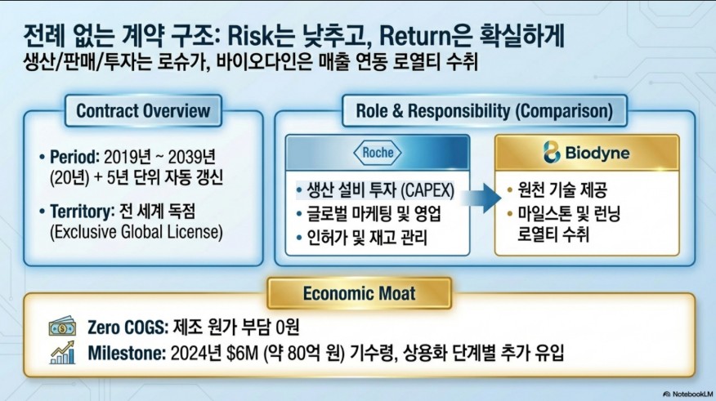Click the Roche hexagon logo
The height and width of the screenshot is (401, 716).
[377, 153]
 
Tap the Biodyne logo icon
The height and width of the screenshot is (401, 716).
[552, 153]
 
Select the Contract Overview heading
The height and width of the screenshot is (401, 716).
[143, 111]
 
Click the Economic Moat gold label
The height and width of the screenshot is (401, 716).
[360, 293]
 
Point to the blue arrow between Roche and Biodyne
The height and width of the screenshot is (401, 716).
[481, 198]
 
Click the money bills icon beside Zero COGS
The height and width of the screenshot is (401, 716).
[63, 327]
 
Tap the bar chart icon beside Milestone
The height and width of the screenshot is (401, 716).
[63, 353]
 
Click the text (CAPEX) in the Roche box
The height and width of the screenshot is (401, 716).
[427, 190]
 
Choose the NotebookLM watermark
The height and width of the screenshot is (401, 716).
[688, 394]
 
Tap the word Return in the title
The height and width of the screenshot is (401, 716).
[415, 37]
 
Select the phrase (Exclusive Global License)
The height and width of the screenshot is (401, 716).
[136, 232]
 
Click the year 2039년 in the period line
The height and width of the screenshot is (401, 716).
[192, 158]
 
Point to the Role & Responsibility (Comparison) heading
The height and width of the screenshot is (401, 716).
[484, 111]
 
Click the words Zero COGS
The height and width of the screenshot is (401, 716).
[126, 327]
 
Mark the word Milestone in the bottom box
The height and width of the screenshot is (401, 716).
[127, 353]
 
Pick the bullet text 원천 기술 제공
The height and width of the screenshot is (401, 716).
[562, 189]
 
